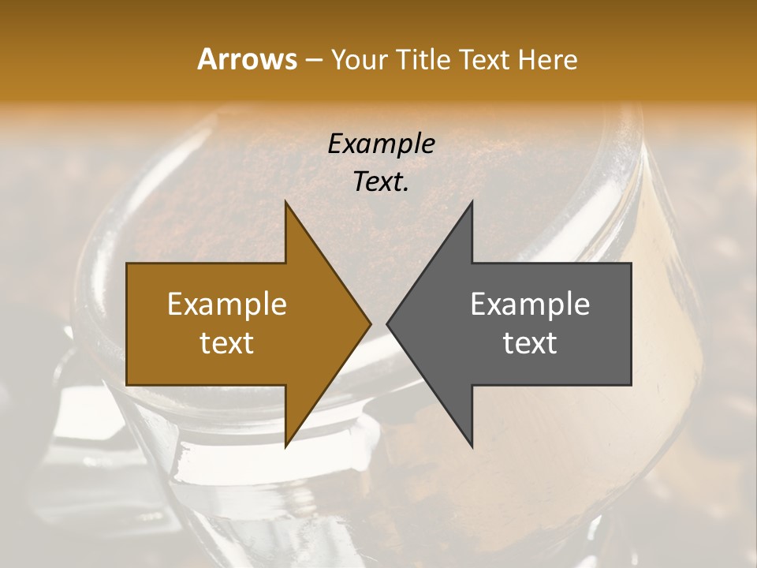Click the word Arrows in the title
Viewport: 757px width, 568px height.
click(x=247, y=59)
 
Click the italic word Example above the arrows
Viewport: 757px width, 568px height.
click(x=381, y=144)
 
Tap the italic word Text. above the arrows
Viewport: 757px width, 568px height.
click(x=381, y=182)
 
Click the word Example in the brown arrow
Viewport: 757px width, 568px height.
click(x=226, y=304)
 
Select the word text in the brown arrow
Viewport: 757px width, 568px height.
click(x=226, y=343)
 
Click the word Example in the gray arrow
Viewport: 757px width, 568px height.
click(x=530, y=304)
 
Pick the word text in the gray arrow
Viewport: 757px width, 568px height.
click(x=530, y=343)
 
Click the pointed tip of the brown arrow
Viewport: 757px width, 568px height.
click(x=371, y=323)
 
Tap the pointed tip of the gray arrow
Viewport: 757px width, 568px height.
click(x=387, y=323)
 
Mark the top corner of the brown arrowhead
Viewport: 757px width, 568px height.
click(x=285, y=202)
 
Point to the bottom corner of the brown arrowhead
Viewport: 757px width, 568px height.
click(x=285, y=447)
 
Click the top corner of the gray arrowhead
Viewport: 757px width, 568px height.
click(x=472, y=202)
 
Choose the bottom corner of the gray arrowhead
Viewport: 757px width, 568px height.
click(x=472, y=447)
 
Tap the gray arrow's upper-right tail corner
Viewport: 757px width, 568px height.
click(x=631, y=263)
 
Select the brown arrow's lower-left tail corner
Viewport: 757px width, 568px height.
click(x=127, y=385)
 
